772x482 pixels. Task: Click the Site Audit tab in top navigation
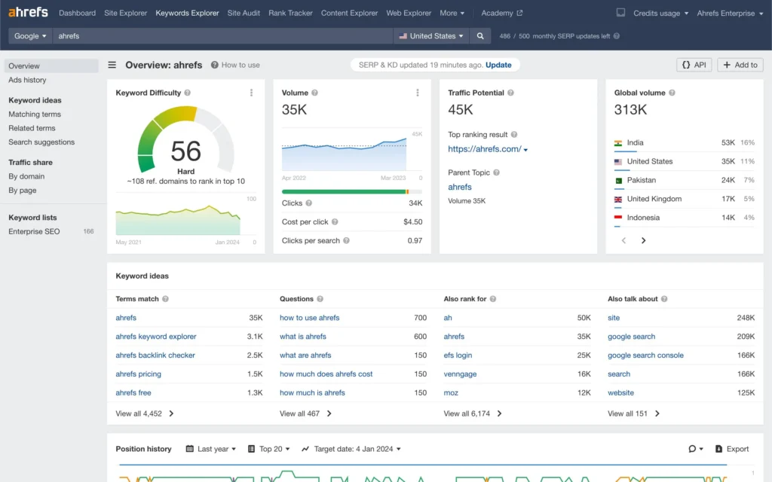[244, 13]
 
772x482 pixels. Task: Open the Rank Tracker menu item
[290, 13]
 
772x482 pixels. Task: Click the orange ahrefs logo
[28, 13]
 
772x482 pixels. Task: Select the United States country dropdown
[431, 35]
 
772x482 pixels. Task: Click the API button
[694, 65]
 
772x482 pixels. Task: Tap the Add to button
[740, 65]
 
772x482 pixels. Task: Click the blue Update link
[498, 65]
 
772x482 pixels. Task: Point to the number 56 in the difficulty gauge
[185, 151]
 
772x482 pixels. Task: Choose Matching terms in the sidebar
[35, 114]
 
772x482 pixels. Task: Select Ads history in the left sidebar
[27, 80]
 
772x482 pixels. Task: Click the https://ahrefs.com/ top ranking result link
[485, 149]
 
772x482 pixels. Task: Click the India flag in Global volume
[618, 142]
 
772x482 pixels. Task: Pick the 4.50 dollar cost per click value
[412, 222]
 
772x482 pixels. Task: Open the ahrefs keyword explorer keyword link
[156, 337]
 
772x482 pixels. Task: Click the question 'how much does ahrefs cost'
[326, 374]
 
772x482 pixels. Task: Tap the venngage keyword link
[460, 374]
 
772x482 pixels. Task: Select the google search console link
[645, 355]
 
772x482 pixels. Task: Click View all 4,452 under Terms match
[139, 413]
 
